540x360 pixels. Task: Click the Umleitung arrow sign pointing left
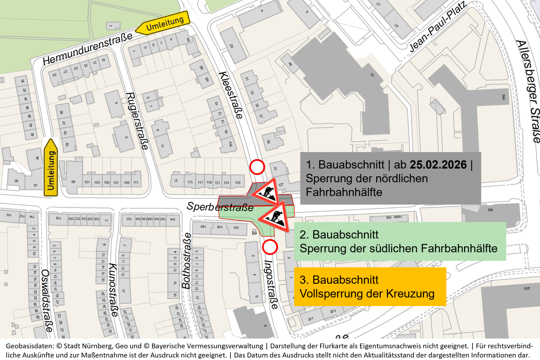(163, 23)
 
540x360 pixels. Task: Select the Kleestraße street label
(230, 95)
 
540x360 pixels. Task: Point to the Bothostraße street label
(186, 261)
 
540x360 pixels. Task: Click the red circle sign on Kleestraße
(257, 167)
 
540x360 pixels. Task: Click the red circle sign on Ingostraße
(270, 247)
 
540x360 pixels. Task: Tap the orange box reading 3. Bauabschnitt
(370, 286)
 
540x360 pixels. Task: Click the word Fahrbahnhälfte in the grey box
(344, 192)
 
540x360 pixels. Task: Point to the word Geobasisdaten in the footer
(27, 346)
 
